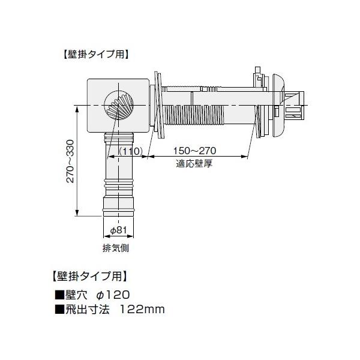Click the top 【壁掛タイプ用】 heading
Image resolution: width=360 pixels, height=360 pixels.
coord(95,53)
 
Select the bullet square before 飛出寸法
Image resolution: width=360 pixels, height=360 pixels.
coord(59,310)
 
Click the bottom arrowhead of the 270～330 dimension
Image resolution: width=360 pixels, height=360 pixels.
coord(77,215)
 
